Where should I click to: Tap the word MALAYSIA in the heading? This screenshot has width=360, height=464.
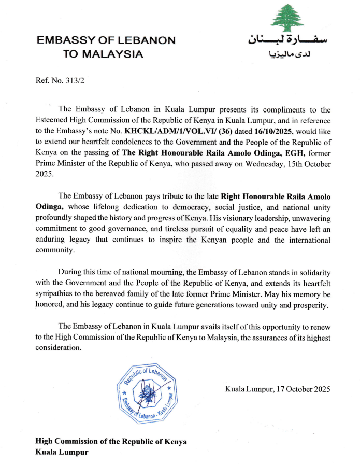point(117,53)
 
